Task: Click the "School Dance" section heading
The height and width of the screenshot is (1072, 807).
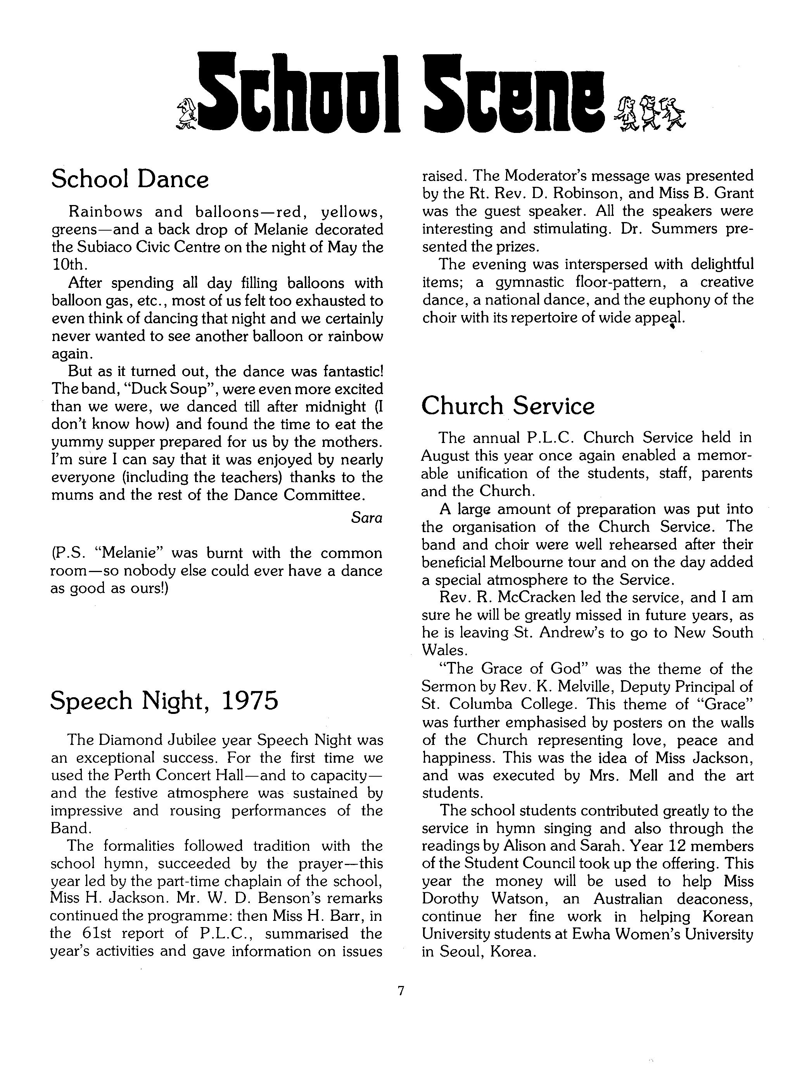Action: (130, 179)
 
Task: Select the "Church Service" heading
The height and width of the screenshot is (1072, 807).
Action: (507, 406)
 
